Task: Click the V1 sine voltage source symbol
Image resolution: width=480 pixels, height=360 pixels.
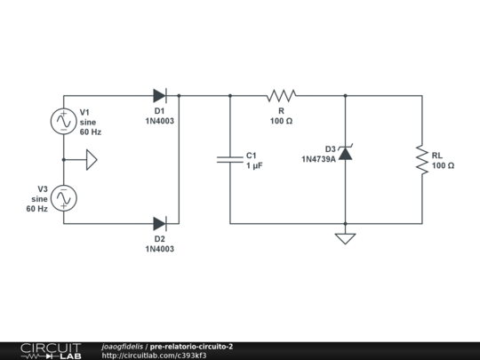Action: tap(64, 121)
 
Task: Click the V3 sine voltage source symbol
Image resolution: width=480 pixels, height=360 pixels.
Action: tap(64, 198)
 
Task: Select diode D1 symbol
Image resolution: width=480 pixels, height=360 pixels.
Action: tap(160, 95)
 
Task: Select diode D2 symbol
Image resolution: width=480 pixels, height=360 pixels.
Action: tap(160, 223)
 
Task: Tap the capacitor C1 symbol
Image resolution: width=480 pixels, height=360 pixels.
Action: tap(230, 159)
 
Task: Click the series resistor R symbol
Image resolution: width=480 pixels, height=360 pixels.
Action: tap(281, 95)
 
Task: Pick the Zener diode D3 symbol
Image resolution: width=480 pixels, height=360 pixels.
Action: tap(345, 153)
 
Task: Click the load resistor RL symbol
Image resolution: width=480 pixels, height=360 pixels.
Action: tap(421, 159)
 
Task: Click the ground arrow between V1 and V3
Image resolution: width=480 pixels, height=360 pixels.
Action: tap(91, 160)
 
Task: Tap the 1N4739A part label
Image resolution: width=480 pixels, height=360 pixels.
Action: tap(318, 160)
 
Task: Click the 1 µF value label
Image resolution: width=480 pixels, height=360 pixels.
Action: tap(253, 165)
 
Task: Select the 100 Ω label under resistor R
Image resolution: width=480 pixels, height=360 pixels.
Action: tap(281, 120)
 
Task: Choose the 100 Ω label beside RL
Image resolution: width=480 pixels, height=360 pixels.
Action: tap(444, 165)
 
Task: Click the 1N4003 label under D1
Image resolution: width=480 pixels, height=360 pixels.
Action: tap(160, 120)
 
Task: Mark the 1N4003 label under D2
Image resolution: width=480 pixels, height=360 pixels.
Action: tap(160, 249)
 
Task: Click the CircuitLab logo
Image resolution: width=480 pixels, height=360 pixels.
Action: tap(50, 350)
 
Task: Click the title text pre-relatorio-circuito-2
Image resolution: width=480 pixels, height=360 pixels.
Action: tap(192, 346)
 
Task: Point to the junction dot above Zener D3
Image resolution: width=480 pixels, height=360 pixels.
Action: tap(345, 95)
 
